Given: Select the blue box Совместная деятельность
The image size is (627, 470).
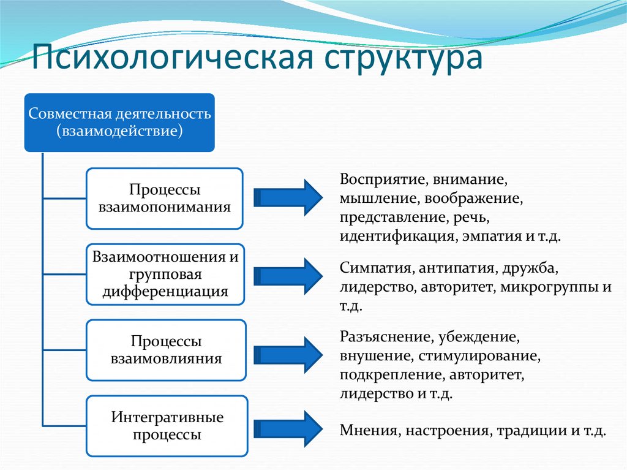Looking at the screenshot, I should pos(119,123).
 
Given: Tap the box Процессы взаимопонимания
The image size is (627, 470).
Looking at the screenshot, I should pos(165,199).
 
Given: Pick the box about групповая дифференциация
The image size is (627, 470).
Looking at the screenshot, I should pos(165,274).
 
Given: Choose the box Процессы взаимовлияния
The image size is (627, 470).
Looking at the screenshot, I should pos(166,349).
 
